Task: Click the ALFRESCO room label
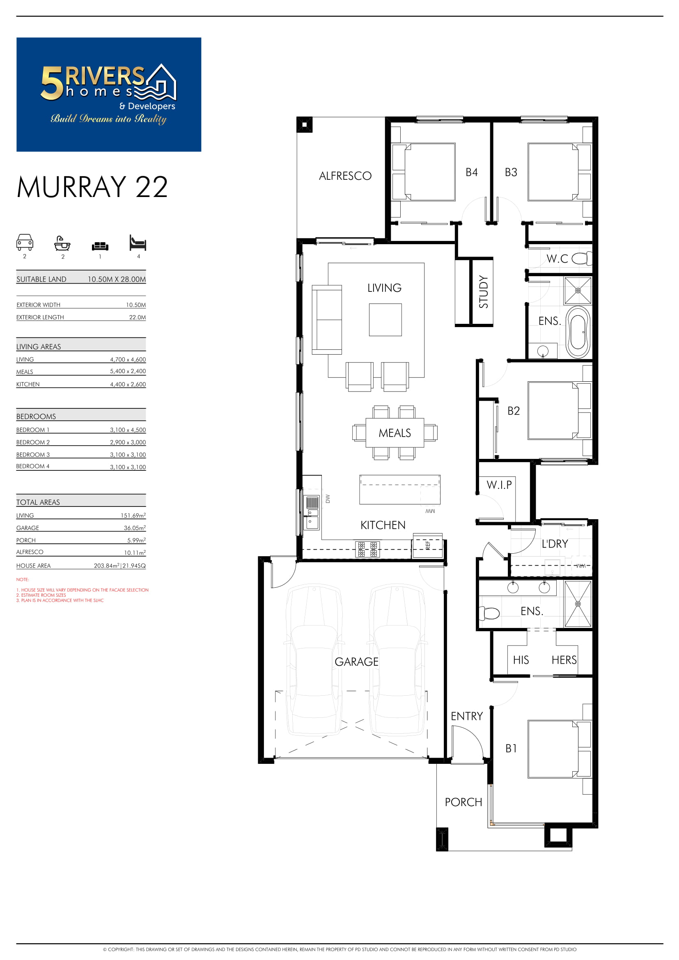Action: click(345, 176)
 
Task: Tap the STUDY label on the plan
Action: click(483, 291)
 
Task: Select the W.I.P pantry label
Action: click(499, 485)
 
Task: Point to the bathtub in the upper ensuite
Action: click(578, 332)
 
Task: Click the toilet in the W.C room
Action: click(582, 259)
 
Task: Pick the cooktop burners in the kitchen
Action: click(367, 550)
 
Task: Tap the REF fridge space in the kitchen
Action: click(427, 546)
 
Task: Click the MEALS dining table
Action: click(395, 433)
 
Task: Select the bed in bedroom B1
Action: click(560, 749)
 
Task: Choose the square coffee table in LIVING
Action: click(385, 320)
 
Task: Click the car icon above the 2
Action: click(25, 242)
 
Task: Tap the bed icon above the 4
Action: click(138, 242)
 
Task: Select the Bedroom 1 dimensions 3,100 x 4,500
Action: click(128, 430)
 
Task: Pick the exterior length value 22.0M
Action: click(138, 317)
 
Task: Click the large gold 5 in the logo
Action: click(52, 84)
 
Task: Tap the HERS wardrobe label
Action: click(564, 660)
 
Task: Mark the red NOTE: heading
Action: click(23, 580)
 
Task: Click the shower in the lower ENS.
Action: click(578, 604)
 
